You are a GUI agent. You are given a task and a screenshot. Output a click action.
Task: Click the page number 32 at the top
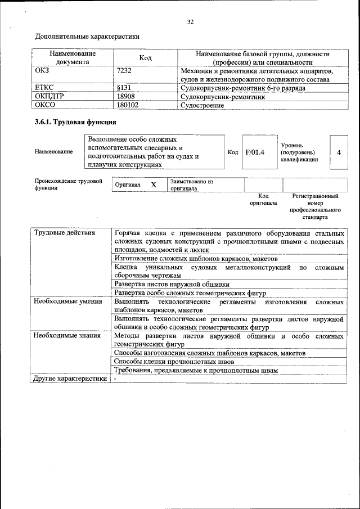(190, 22)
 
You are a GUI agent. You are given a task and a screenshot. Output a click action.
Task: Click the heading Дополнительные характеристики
(87, 37)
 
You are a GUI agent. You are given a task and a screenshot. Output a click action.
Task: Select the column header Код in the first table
(145, 58)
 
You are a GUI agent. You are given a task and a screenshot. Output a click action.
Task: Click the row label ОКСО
(46, 105)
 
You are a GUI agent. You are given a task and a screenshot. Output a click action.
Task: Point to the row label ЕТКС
(45, 88)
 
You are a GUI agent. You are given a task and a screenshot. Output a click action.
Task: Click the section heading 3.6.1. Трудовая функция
(75, 122)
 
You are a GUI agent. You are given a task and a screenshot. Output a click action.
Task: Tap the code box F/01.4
(255, 151)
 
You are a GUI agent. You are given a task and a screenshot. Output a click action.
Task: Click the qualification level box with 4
(339, 152)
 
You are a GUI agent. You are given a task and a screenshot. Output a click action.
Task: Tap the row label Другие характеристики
(70, 379)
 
